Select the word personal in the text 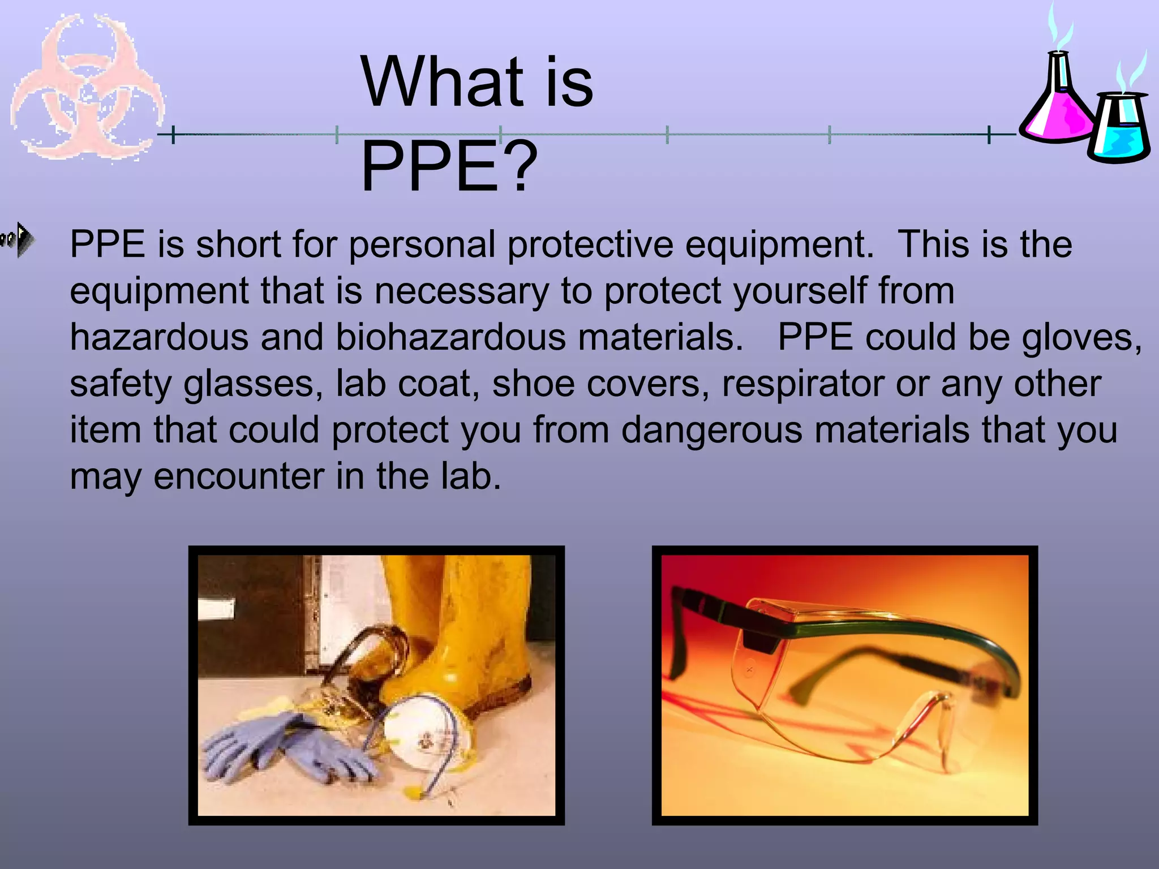click(422, 245)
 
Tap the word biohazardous click(450, 338)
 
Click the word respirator click(802, 384)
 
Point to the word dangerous click(712, 430)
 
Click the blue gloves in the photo click(283, 747)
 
